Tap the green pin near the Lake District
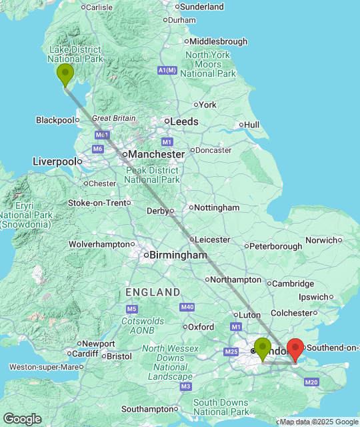point(65,73)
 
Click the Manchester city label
point(156,154)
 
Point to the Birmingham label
point(178,255)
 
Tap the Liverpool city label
point(55,161)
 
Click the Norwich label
point(322,240)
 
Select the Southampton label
point(147,409)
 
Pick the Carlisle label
point(99,7)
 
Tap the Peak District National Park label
point(152,175)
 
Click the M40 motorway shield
point(187,307)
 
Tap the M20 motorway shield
point(311,382)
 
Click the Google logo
point(21,419)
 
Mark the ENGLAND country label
point(153,292)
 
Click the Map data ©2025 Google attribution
point(319,422)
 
